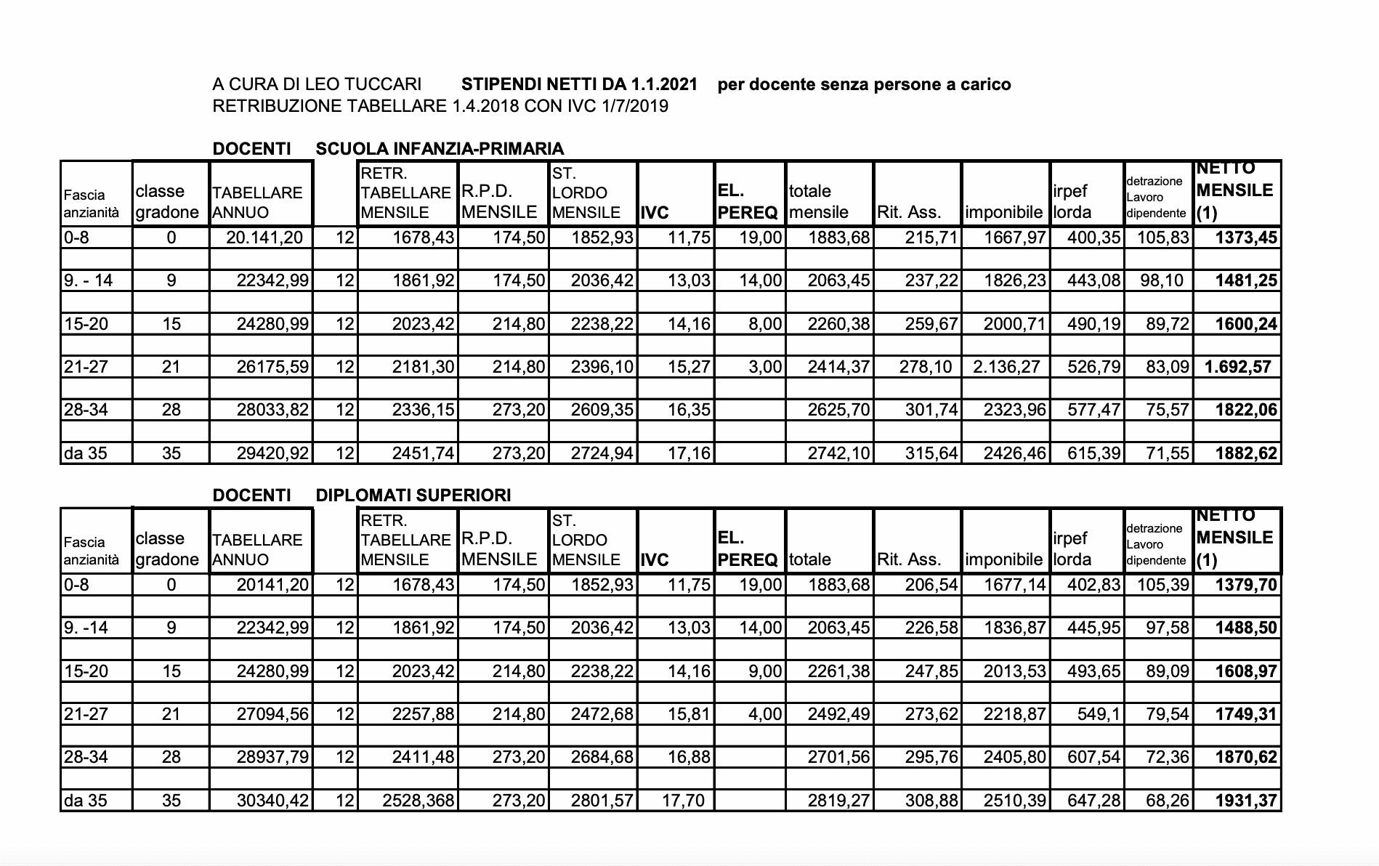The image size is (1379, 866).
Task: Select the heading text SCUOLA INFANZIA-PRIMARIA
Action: pos(440,149)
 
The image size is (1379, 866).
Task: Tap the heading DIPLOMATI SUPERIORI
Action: pos(413,495)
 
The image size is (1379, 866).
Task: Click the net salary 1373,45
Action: pos(1245,238)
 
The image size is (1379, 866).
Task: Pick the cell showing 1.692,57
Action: pos(1238,367)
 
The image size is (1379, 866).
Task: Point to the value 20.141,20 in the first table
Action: pos(264,238)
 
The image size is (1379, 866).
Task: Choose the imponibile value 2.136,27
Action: pos(1006,367)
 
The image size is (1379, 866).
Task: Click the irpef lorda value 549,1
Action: pos(1098,714)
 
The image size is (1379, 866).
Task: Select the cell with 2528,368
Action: pos(418,801)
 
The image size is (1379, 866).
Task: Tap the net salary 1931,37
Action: pos(1245,801)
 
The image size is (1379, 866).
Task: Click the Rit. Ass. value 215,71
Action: pos(931,238)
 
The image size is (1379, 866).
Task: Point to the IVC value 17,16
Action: pos(688,453)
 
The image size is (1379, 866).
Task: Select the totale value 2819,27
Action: pos(838,801)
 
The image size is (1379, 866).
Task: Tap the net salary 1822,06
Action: pos(1245,410)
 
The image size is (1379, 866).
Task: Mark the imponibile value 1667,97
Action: pos(1015,238)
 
